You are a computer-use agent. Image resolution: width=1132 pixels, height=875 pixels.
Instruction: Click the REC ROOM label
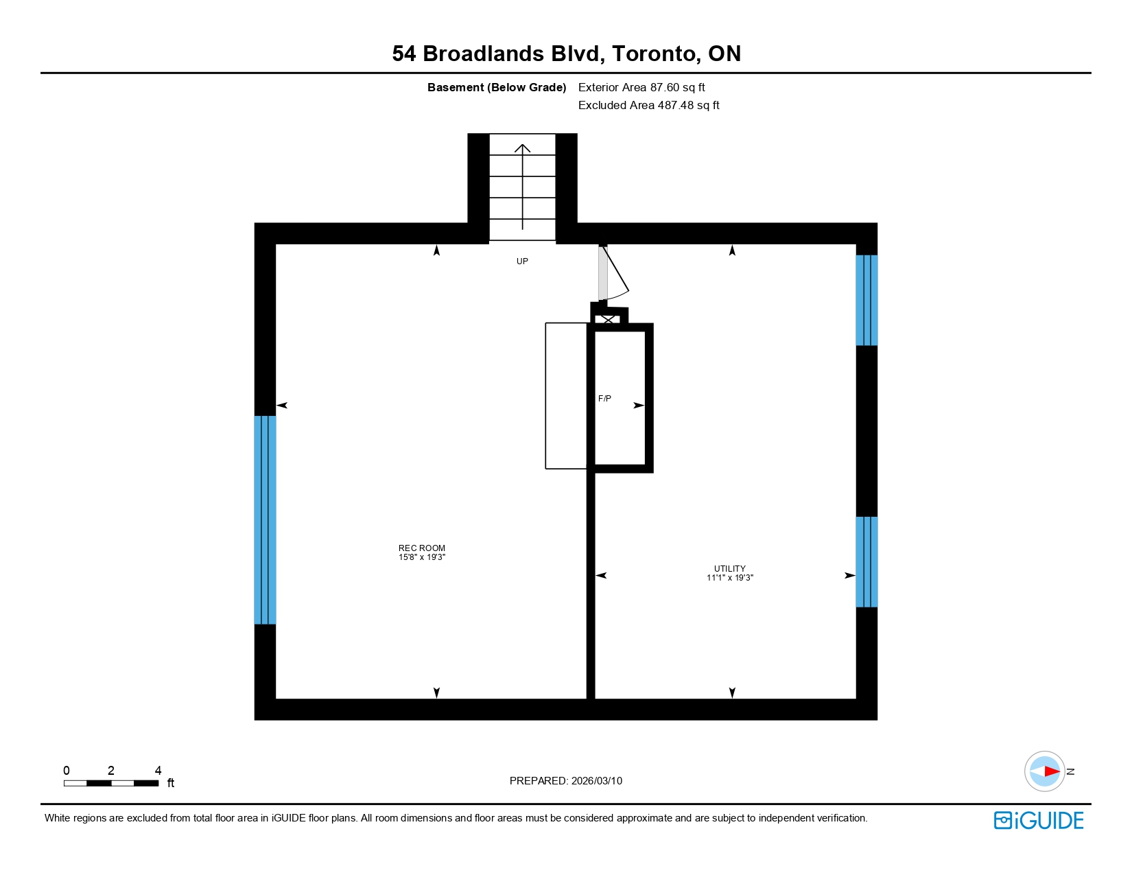coord(421,548)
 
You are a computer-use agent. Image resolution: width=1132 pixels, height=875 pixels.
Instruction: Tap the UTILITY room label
coord(729,568)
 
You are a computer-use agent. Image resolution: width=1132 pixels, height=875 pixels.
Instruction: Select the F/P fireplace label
coord(604,398)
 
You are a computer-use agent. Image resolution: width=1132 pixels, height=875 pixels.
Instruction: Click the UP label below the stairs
coord(522,261)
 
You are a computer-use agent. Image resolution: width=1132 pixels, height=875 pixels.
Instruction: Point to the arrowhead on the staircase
coord(523,148)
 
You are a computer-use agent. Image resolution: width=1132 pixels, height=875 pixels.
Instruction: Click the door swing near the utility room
coord(615,275)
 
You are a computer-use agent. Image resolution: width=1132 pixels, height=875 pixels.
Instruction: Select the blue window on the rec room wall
coord(265,520)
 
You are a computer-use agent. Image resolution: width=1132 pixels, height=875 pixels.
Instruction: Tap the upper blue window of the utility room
coord(866,300)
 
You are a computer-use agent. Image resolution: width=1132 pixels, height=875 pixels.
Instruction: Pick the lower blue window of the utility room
coord(866,561)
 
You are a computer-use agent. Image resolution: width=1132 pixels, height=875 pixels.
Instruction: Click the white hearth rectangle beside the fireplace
coord(566,396)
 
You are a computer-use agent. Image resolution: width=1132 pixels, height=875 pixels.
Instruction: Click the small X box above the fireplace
coord(609,318)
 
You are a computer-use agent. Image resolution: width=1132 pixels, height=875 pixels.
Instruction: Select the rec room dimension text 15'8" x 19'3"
coord(421,557)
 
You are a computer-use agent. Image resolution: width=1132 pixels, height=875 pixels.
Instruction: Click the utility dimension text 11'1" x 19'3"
coord(729,578)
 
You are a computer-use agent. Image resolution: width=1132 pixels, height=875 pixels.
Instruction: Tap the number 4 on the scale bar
coord(158,770)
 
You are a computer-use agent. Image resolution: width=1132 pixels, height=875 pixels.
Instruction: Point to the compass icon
coord(1044,771)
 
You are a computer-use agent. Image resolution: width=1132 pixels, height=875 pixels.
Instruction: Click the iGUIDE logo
coord(1039,820)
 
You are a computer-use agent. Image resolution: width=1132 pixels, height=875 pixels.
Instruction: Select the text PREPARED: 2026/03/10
coord(565,780)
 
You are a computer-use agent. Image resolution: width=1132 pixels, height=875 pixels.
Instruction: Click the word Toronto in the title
coord(653,54)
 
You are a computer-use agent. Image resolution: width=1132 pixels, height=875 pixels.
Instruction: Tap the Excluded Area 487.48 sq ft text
coord(648,105)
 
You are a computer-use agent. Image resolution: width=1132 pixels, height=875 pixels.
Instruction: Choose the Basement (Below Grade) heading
coord(497,87)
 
